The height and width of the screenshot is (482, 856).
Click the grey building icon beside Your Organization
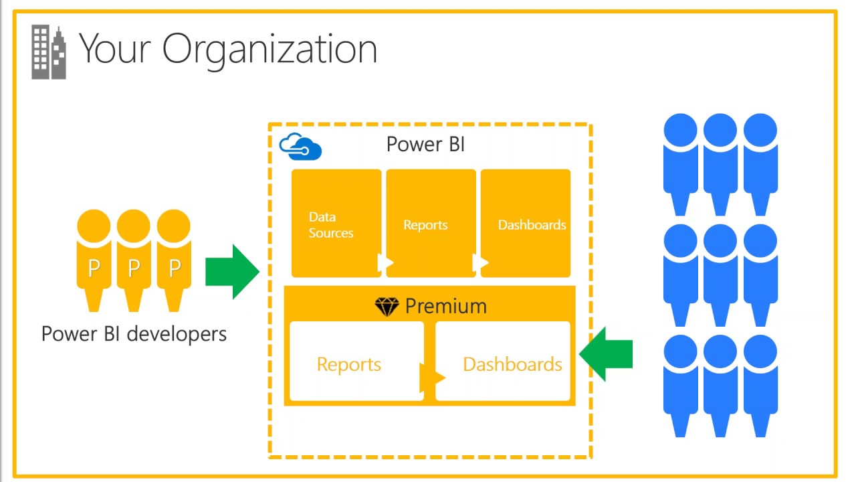(x=49, y=52)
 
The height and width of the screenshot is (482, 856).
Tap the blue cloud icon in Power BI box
(x=300, y=147)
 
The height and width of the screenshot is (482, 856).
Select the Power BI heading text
(x=426, y=144)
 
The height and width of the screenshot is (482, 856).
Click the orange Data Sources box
(x=336, y=223)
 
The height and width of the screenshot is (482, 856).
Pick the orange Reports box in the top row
(x=431, y=223)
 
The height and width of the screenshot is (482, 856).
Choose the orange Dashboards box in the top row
(x=526, y=223)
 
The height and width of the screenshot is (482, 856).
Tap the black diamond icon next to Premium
(x=387, y=307)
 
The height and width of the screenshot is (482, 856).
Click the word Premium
(x=446, y=306)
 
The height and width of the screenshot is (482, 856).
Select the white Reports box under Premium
(x=356, y=361)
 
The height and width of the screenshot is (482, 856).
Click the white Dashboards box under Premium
(x=502, y=361)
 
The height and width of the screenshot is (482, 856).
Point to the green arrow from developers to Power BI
(x=232, y=272)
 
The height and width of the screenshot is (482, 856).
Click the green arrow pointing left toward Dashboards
(x=606, y=354)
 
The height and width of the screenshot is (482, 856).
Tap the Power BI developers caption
(x=134, y=334)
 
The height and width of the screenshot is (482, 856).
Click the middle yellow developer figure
(x=134, y=260)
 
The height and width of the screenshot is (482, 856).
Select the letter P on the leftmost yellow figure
(x=94, y=268)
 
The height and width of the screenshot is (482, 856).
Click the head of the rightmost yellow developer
(x=173, y=226)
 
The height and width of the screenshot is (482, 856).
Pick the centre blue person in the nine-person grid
(x=720, y=275)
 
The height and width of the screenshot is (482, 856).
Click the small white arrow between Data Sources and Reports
(x=385, y=262)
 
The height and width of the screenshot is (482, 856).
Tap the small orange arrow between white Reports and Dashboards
(x=433, y=378)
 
